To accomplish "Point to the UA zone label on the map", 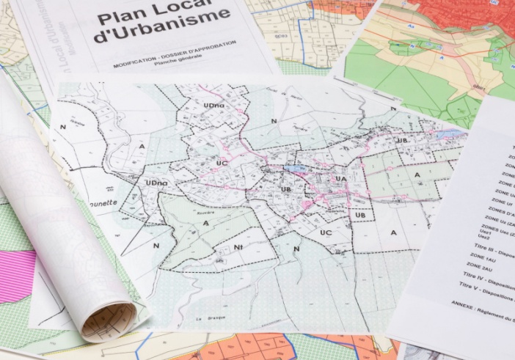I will [x=340, y=178].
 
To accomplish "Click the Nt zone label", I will [x=238, y=247].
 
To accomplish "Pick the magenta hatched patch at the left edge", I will [x=17, y=276].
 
